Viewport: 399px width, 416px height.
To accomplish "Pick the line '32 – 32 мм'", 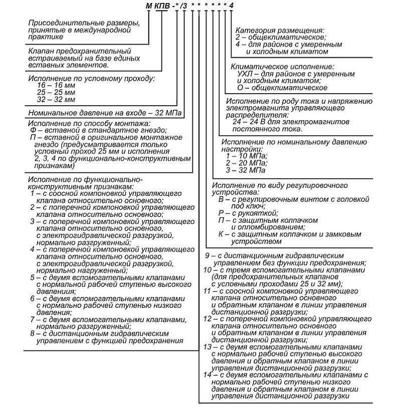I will [x=56, y=100].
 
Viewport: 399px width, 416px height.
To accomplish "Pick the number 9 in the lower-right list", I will [x=208, y=256].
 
